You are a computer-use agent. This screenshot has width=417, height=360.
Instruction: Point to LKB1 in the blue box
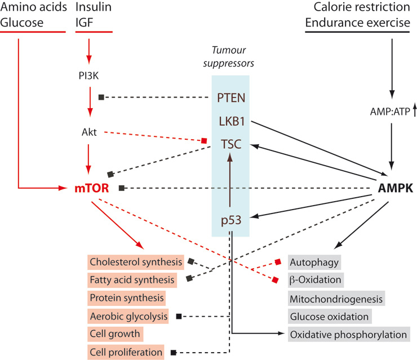tap(230, 121)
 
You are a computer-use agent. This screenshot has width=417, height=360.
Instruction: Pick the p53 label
tap(230, 220)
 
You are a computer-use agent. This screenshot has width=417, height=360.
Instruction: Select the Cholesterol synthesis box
tap(136, 262)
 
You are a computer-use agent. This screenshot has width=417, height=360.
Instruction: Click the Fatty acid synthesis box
tap(132, 279)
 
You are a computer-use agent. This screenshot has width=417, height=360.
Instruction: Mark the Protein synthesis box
tap(127, 297)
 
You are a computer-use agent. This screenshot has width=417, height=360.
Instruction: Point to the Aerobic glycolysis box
tap(128, 316)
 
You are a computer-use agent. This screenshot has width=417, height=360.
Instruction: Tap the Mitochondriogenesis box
tap(336, 298)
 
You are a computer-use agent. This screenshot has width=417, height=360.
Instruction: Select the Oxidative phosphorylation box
tap(348, 334)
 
